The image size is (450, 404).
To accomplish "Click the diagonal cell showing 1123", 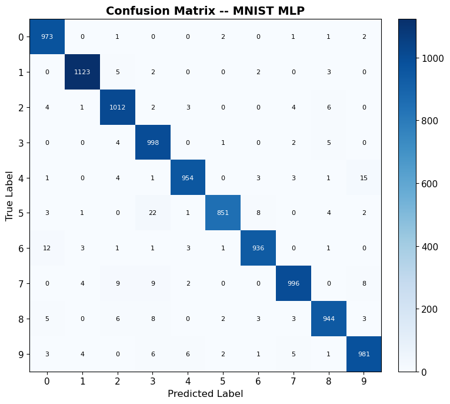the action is click(82, 72).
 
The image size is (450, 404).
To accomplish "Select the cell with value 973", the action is click(47, 37).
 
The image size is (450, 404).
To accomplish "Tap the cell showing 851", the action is click(223, 213).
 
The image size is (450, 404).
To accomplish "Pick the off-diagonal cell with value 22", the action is click(153, 213).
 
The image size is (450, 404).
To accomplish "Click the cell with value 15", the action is click(364, 178).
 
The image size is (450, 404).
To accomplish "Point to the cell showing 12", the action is click(47, 248).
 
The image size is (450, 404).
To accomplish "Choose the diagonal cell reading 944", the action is click(329, 319).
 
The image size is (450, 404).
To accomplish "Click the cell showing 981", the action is click(364, 354).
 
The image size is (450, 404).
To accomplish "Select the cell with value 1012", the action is click(118, 107).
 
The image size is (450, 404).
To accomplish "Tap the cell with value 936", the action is click(258, 248).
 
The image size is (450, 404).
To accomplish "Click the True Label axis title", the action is click(9, 196).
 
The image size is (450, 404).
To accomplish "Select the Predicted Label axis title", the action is click(205, 393).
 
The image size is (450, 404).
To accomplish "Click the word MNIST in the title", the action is click(252, 11).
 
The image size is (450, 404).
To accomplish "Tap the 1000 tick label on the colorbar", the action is click(432, 58).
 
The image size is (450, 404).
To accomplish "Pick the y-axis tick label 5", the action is click(21, 213).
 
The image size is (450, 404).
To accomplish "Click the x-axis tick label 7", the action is click(293, 381).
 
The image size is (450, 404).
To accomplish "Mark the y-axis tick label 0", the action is click(21, 37).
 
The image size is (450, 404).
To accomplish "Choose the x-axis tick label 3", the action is click(153, 381).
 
